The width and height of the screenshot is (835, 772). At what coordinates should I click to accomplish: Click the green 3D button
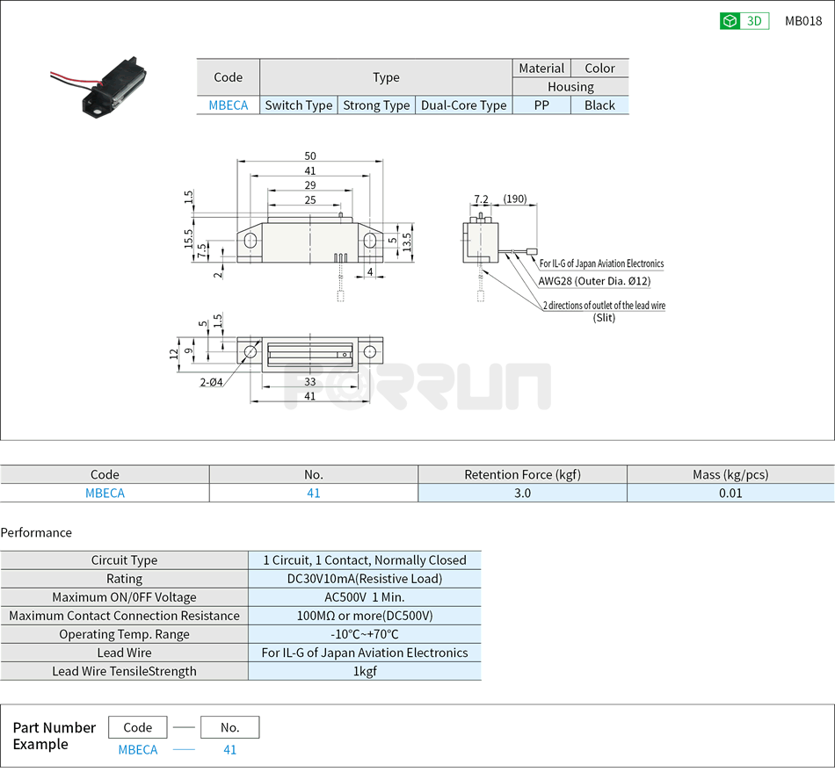[x=744, y=21]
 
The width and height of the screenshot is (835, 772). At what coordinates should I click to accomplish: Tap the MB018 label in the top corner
[x=802, y=21]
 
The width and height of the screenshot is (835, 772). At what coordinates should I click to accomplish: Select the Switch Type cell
[x=299, y=105]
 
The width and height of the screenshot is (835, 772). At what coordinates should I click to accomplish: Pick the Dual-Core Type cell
[x=463, y=105]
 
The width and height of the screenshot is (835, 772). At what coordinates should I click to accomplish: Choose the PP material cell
[x=541, y=105]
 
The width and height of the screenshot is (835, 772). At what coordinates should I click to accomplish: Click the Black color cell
[x=599, y=105]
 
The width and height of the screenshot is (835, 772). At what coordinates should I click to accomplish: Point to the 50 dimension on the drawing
[x=310, y=156]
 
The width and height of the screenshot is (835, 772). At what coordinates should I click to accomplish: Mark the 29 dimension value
[x=310, y=185]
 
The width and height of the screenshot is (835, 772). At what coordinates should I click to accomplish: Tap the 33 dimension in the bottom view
[x=310, y=382]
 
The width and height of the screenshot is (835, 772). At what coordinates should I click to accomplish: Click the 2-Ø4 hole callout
[x=211, y=381]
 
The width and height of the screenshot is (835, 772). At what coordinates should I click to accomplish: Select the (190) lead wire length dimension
[x=515, y=199]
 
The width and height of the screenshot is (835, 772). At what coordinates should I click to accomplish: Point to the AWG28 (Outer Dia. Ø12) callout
[x=594, y=282]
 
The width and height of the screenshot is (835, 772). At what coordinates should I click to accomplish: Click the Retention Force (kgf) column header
[x=522, y=474]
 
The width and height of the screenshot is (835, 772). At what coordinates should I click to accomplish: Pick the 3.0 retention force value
[x=522, y=493]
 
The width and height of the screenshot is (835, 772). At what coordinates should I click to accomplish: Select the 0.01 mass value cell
[x=730, y=493]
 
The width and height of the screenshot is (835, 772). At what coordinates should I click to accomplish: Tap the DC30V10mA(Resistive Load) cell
[x=365, y=579]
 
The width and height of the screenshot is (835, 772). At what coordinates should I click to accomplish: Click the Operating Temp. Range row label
[x=124, y=634]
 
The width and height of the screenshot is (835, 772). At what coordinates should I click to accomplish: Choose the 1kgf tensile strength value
[x=365, y=671]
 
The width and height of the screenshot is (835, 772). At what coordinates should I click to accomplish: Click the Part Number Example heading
[x=54, y=736]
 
